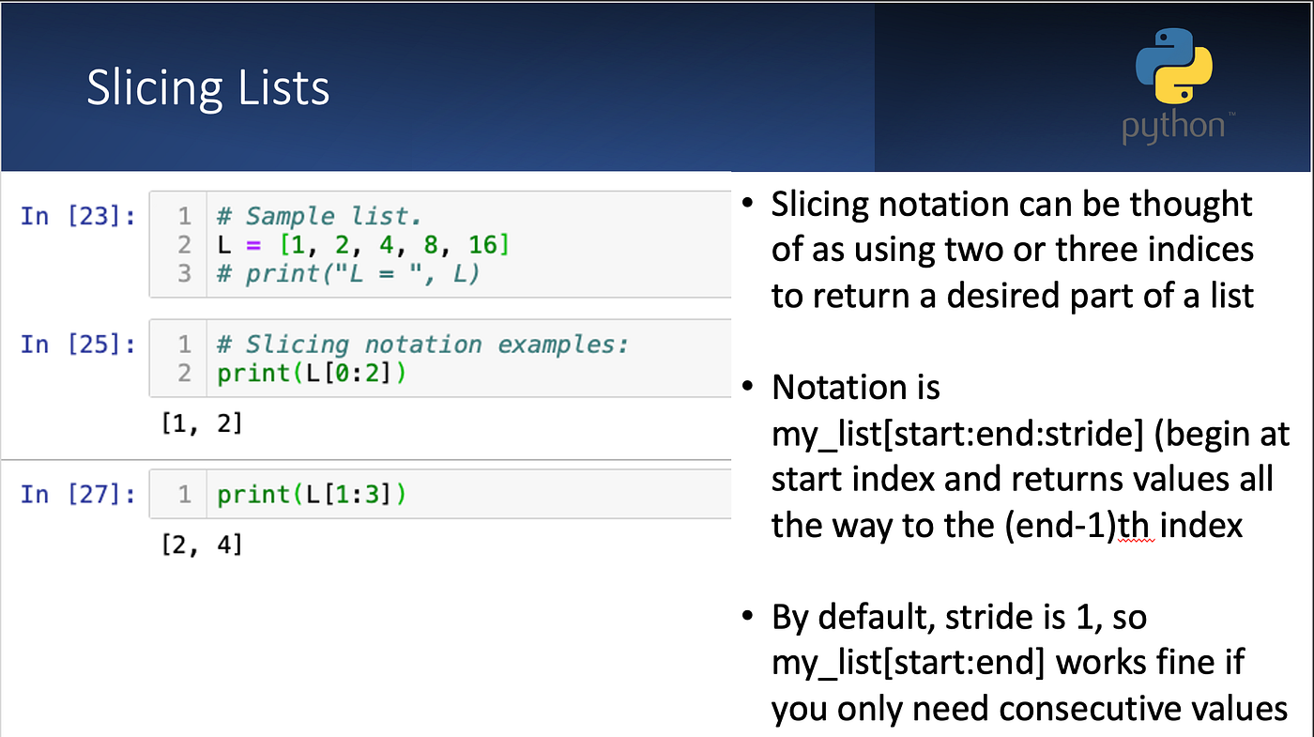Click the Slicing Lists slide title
point(207,87)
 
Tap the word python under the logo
point(1173,127)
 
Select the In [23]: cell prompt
point(78,216)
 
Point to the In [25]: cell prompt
point(78,344)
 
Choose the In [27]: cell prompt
point(78,494)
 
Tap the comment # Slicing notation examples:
point(422,344)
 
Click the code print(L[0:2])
point(312,373)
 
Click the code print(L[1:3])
point(312,494)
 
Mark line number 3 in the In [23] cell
point(184,273)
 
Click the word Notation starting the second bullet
point(855,387)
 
